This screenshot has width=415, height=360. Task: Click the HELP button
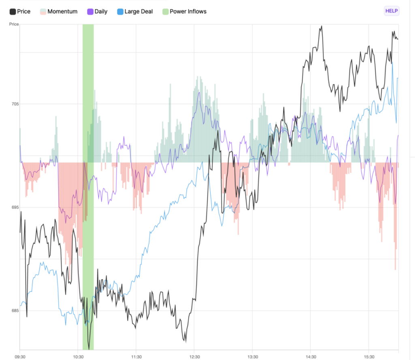pyautogui.click(x=391, y=11)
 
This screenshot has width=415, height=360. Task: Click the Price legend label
pyautogui.click(x=24, y=11)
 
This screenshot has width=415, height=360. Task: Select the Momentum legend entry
pyautogui.click(x=62, y=11)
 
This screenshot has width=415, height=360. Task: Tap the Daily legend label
pyautogui.click(x=101, y=11)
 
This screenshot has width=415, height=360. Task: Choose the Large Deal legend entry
pyautogui.click(x=139, y=11)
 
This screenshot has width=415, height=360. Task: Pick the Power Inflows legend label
pyautogui.click(x=188, y=11)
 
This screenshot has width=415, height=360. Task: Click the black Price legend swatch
pyautogui.click(x=13, y=11)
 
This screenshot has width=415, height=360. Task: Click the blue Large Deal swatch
pyautogui.click(x=120, y=11)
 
